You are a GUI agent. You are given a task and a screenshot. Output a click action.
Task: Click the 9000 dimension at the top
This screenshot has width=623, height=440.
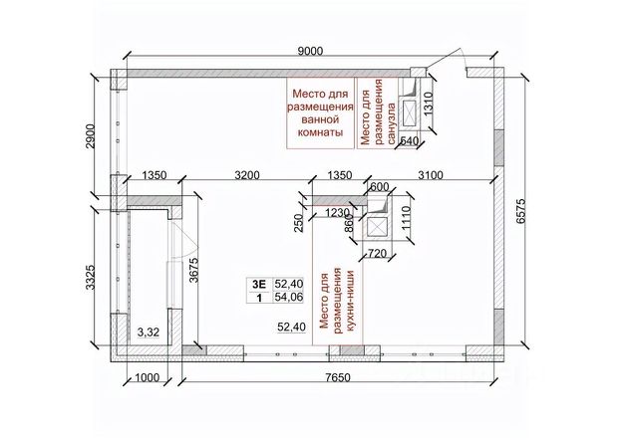pyautogui.click(x=311, y=51)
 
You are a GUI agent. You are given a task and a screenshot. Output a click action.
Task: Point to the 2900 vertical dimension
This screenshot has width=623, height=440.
pyautogui.click(x=91, y=136)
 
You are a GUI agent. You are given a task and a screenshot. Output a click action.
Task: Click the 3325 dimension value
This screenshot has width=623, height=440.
pyautogui.click(x=91, y=277)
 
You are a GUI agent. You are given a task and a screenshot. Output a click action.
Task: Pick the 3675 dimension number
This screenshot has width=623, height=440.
pyautogui.click(x=194, y=270)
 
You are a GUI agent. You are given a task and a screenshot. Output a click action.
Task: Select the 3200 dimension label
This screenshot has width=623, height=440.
pyautogui.click(x=247, y=175)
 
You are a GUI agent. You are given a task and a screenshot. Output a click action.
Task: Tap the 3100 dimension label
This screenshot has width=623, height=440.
pyautogui.click(x=431, y=175)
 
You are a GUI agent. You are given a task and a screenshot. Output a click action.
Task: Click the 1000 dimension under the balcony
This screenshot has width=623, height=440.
pyautogui.click(x=147, y=377)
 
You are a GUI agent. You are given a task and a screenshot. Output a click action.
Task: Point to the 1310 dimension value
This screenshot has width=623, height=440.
pyautogui.click(x=428, y=104)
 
